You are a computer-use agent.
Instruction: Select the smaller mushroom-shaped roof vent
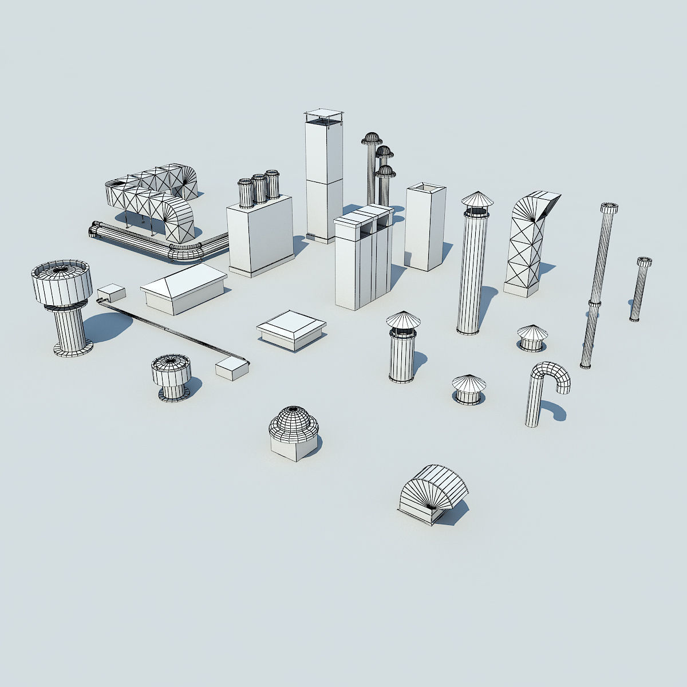171,376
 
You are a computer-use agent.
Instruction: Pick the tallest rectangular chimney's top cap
322,116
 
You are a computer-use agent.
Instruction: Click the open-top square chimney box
425,226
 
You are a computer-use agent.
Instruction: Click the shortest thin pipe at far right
640,289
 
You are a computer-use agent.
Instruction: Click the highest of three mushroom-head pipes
372,139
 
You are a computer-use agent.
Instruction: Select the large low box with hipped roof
184,288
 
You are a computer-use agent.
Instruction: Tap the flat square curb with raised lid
291,330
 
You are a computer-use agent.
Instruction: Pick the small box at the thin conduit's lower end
232,369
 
